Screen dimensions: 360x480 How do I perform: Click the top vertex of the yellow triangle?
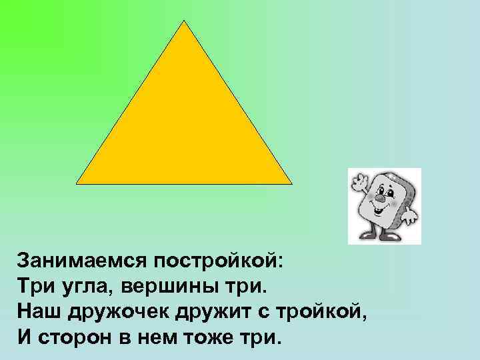pyautogui.click(x=184, y=21)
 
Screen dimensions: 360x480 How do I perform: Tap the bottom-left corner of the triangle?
pyautogui.click(x=77, y=183)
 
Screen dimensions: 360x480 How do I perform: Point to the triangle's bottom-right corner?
pyautogui.click(x=291, y=183)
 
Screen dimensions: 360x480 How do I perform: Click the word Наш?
pyautogui.click(x=37, y=311)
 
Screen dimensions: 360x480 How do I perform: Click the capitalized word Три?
pyautogui.click(x=35, y=286)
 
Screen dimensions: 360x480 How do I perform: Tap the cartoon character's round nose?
pyautogui.click(x=379, y=197)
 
